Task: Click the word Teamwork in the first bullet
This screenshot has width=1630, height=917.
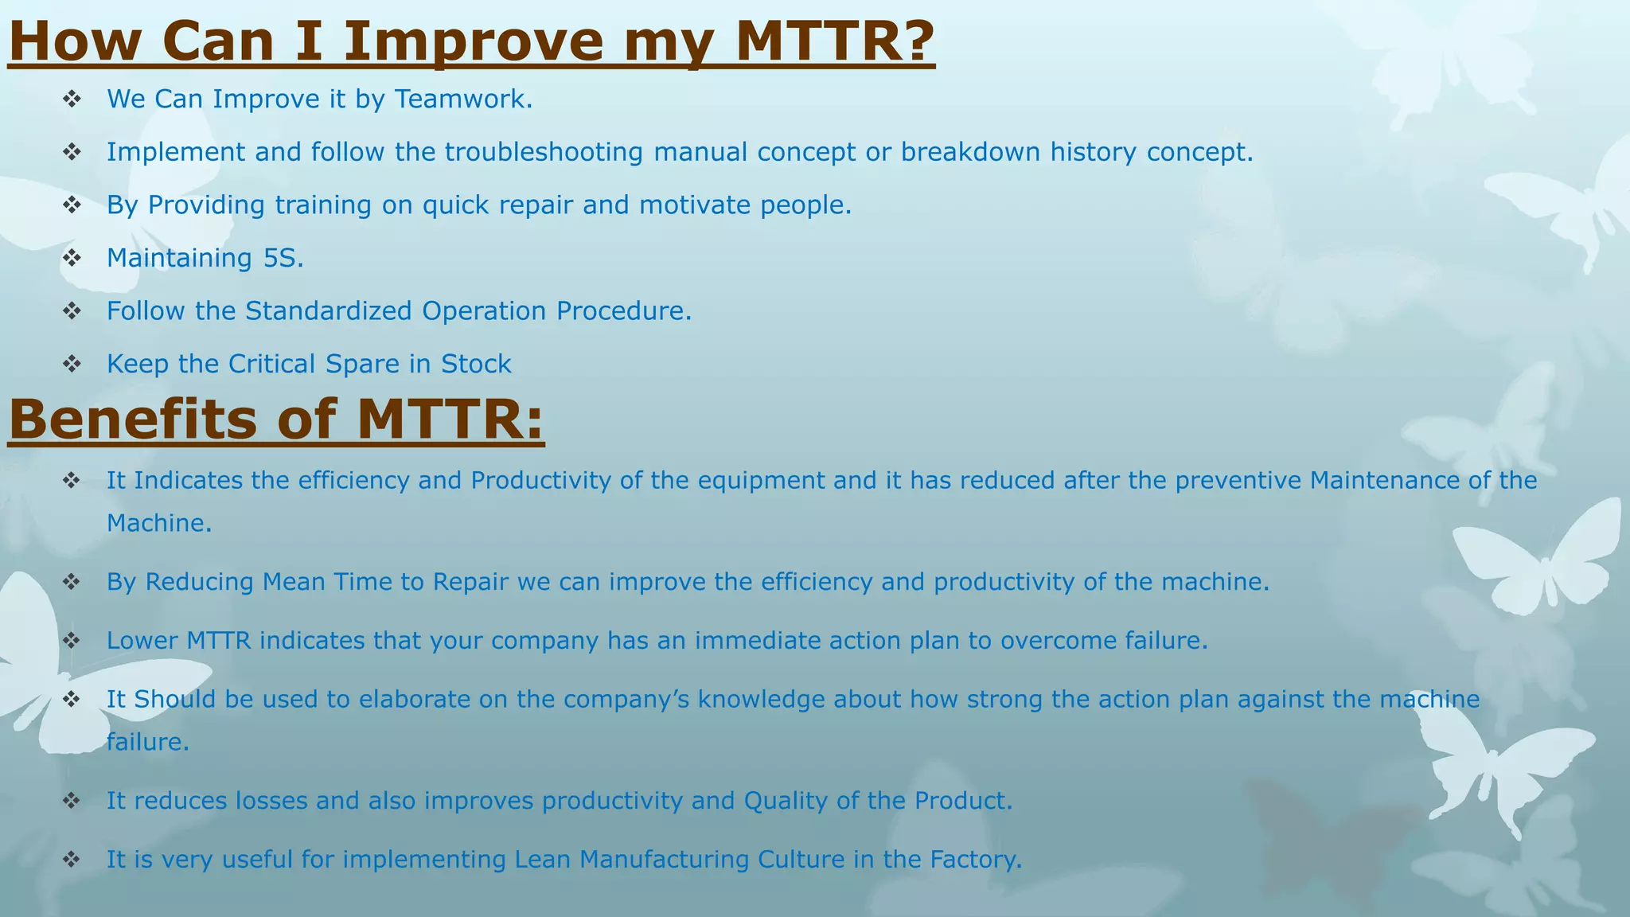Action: [463, 99]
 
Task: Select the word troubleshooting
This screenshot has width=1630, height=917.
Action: [544, 152]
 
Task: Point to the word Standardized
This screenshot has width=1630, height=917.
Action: [329, 310]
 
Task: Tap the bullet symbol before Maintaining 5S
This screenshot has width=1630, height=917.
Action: [72, 258]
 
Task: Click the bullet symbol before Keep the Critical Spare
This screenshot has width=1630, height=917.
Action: [72, 365]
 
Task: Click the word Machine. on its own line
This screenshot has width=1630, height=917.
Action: [159, 523]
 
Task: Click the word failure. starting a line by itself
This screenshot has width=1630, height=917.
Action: [148, 742]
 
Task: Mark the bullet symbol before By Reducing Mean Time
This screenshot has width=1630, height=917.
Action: [72, 582]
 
